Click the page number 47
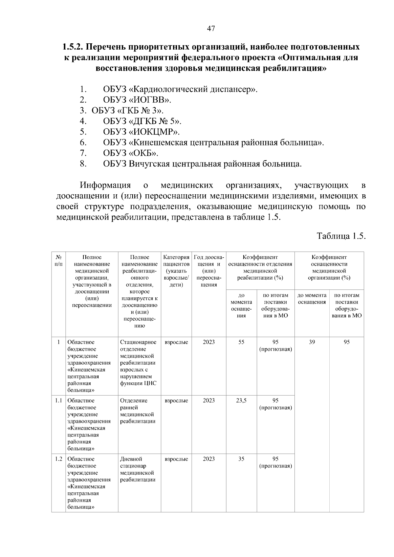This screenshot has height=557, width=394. click(211, 29)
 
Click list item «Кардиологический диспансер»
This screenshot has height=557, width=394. click(180, 89)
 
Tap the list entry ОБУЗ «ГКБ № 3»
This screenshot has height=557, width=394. click(127, 111)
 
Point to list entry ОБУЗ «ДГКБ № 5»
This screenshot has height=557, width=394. click(142, 121)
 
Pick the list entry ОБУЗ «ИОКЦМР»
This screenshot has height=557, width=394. click(141, 132)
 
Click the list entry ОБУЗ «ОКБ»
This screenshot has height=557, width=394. click(130, 153)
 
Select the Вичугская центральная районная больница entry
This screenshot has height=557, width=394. click(202, 164)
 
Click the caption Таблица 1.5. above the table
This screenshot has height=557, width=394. click(341, 236)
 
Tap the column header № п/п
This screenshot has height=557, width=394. click(58, 261)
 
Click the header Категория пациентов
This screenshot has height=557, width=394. click(176, 271)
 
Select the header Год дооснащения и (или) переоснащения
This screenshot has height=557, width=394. click(209, 271)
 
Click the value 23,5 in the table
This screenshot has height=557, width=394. click(241, 400)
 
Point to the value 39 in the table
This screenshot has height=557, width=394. click(312, 342)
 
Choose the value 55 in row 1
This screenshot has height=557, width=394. click(241, 342)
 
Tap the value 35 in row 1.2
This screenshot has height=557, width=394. click(241, 459)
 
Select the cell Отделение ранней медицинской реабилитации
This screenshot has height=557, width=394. click(137, 411)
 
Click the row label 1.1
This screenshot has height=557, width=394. click(58, 400)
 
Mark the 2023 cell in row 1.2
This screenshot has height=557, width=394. click(209, 459)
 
